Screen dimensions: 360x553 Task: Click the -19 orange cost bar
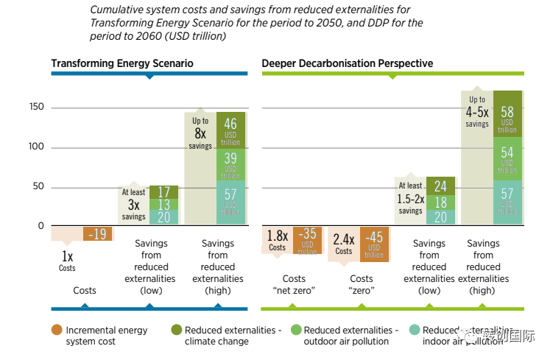[98, 234]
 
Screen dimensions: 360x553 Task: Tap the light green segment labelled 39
[230, 164]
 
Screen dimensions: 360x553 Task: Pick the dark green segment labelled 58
[507, 114]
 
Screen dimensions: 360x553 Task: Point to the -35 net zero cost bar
[307, 240]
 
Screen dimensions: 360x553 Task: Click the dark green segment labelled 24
[440, 186]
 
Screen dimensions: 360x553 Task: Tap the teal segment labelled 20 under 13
[163, 217]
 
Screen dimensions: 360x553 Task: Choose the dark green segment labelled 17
[163, 192]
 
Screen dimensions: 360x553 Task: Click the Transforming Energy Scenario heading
[122, 63]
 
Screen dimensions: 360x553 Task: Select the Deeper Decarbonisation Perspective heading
[348, 63]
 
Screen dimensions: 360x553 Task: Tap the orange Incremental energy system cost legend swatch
[56, 331]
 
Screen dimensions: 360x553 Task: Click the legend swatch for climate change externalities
[175, 331]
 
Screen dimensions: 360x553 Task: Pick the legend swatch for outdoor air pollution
[295, 331]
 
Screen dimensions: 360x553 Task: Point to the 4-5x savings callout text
[477, 112]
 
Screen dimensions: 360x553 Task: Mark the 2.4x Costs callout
[344, 243]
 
